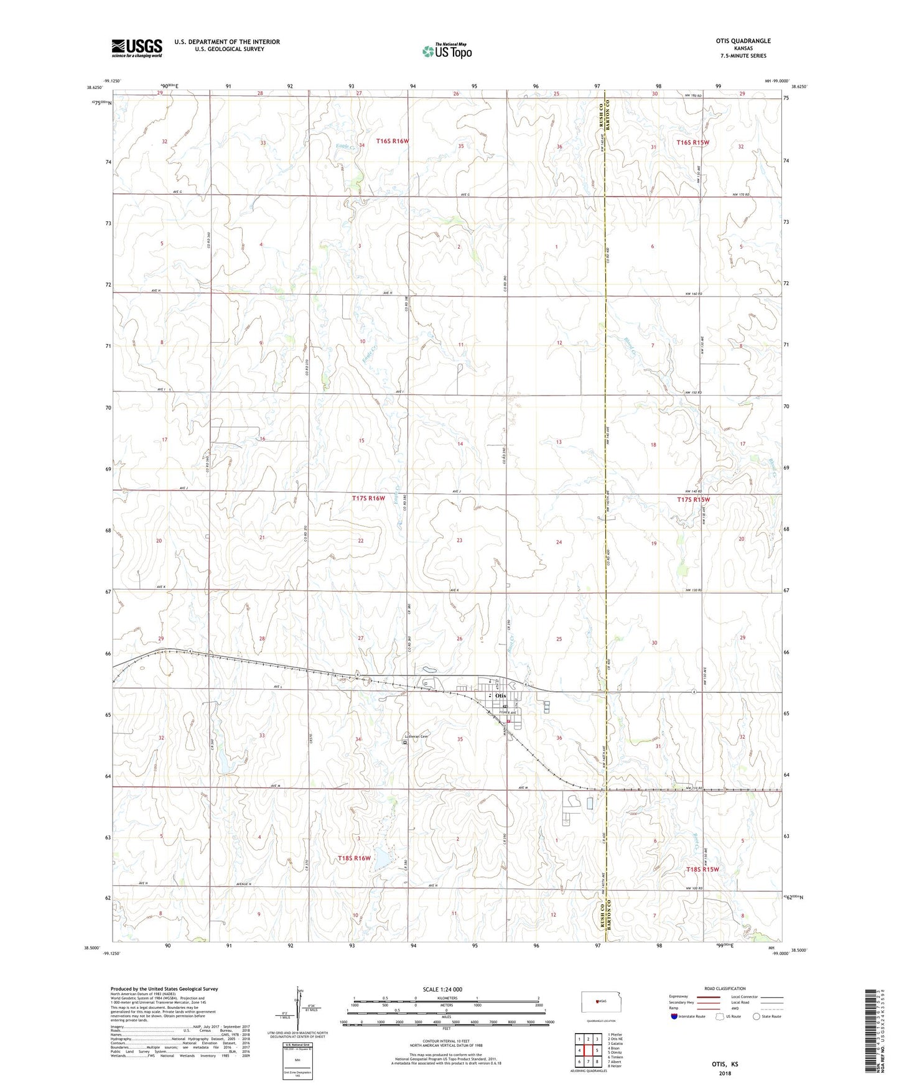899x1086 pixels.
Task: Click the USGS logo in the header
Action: coord(137,48)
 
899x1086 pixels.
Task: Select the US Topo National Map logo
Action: coord(447,51)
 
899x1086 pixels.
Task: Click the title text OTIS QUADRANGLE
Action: coord(743,41)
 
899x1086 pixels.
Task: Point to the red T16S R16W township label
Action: coord(392,141)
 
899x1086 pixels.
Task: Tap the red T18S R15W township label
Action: coord(702,870)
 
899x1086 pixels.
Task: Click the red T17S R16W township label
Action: coord(368,498)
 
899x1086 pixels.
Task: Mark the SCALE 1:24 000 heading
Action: coord(442,990)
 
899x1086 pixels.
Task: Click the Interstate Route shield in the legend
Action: coord(674,1016)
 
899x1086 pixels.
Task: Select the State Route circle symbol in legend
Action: coord(757,1016)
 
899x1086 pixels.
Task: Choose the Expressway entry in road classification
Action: coord(679,996)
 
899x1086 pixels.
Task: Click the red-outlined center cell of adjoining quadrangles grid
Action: coord(588,1050)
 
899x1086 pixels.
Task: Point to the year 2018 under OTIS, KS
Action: coord(725,1074)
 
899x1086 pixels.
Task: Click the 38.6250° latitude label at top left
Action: coord(95,88)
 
